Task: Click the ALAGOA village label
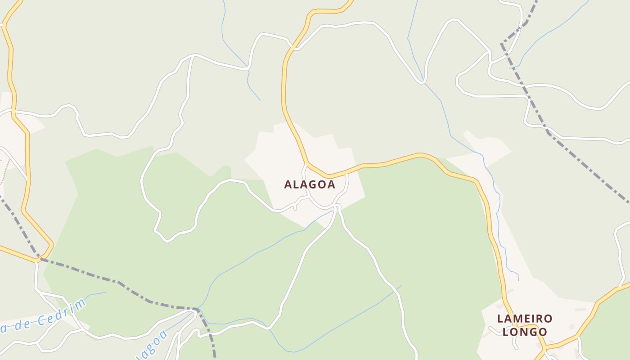310,184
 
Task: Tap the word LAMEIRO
525,319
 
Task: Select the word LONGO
525,332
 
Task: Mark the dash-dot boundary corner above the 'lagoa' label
197,309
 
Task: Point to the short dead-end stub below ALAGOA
295,208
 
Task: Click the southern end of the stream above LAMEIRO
518,280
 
